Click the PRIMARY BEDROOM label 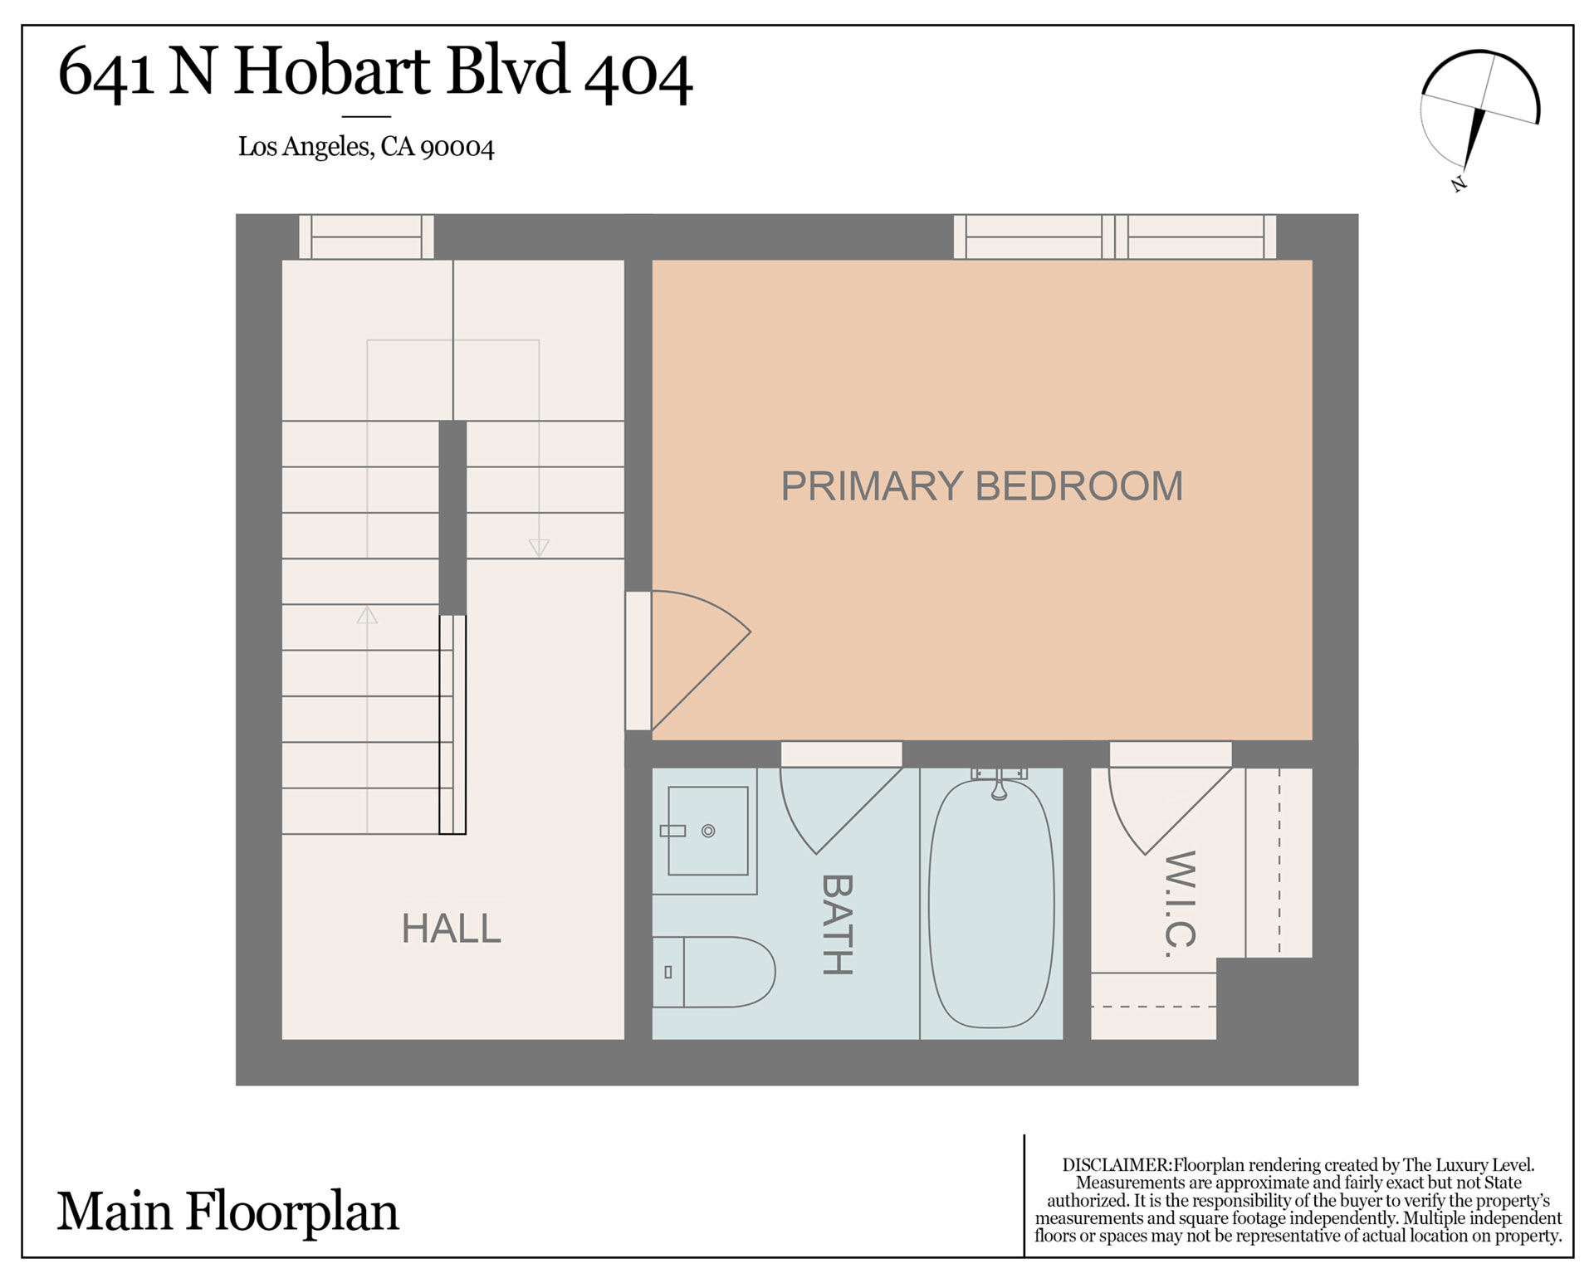point(982,486)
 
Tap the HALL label point(452,929)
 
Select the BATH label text point(837,924)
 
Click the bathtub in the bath point(991,903)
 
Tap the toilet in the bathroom point(713,972)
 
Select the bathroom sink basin point(708,831)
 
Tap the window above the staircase point(366,237)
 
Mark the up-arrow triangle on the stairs point(367,615)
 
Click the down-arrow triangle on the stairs point(539,548)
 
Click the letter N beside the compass point(1459,183)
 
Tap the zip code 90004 point(457,148)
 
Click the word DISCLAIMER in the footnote point(1117,1165)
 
